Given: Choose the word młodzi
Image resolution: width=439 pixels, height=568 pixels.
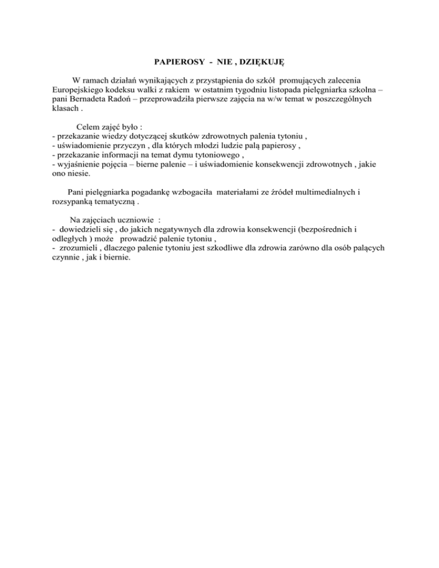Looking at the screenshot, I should pos(193,148).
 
